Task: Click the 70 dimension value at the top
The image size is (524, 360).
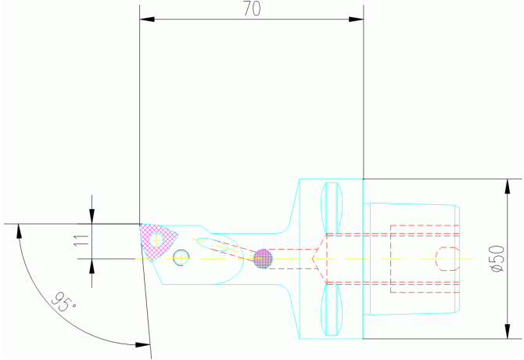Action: (251, 9)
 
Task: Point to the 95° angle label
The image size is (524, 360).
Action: (63, 301)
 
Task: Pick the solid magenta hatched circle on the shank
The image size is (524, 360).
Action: (264, 258)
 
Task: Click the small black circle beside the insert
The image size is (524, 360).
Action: (181, 257)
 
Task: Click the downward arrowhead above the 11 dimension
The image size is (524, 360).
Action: (92, 218)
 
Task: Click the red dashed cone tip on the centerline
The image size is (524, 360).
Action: (314, 258)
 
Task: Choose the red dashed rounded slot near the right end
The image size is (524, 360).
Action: (447, 258)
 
